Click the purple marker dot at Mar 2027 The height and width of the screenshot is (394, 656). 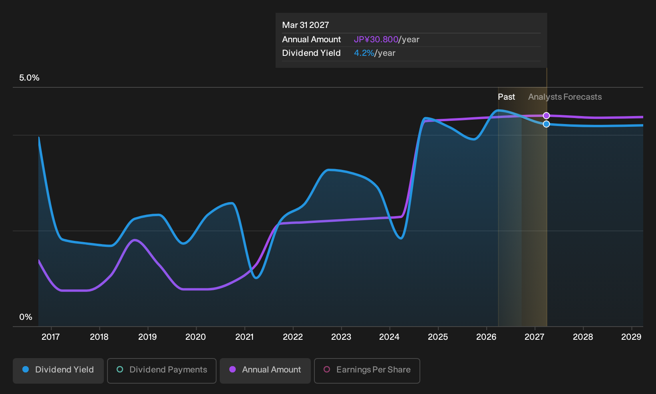pos(546,116)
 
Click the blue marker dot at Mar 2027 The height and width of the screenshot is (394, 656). pos(546,124)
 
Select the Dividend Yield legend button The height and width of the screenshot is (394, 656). pos(58,370)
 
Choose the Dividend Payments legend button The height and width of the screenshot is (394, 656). pos(162,370)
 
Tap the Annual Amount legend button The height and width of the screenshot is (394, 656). pos(265,370)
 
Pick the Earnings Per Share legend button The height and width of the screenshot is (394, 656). pos(367,370)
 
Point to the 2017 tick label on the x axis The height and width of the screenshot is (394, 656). pos(51,337)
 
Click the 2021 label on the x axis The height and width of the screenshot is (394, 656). pos(245,337)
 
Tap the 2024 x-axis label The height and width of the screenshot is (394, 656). pos(389,337)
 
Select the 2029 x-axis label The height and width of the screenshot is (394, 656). pos(631,337)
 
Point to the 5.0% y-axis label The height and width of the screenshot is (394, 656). pos(29,78)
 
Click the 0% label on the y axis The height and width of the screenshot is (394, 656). pos(26,317)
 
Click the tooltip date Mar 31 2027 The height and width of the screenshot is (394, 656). pos(306,25)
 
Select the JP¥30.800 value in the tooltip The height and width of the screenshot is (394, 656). pos(376,39)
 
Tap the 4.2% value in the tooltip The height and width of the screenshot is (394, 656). pos(364,53)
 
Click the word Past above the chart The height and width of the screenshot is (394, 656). pos(506,97)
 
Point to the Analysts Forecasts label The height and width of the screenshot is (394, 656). pos(565,97)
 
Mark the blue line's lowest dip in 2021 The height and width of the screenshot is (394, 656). pos(256,278)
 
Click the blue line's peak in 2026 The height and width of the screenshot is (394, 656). pos(499,110)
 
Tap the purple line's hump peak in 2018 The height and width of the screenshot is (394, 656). pos(135,240)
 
